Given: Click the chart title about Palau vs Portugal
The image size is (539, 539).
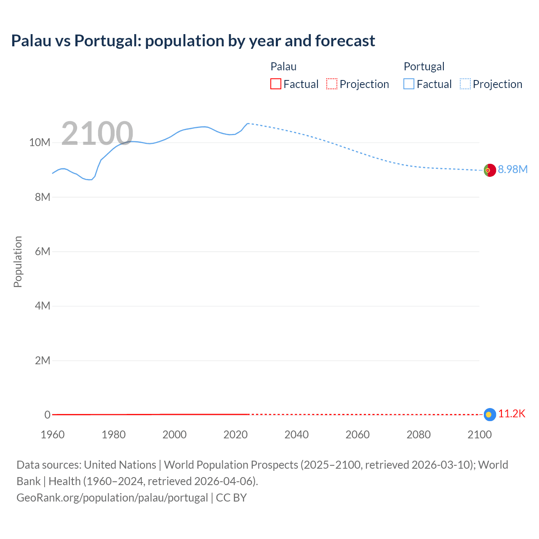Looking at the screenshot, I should click(193, 41).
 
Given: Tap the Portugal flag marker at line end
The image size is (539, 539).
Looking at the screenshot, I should click(489, 170).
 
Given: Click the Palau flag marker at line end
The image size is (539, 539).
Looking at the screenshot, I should click(489, 415).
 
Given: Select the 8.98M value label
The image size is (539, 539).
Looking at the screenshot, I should click(512, 169).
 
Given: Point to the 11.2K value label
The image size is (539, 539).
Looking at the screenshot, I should click(512, 414).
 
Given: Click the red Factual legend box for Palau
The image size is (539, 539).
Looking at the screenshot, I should click(275, 84).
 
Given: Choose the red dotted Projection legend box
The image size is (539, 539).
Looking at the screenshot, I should click(332, 84).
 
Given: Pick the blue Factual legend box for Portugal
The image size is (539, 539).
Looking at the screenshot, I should click(409, 84).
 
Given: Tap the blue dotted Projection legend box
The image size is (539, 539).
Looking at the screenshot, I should click(465, 84).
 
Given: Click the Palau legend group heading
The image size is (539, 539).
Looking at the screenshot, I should click(283, 67).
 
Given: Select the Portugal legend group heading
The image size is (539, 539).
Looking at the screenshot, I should click(424, 67).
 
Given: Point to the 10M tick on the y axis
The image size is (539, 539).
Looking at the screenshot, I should click(40, 143).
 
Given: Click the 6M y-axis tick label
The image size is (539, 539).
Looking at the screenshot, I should click(43, 251).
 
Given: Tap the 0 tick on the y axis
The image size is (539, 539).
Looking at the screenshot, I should click(47, 415).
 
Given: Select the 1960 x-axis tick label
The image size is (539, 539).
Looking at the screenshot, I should click(53, 435).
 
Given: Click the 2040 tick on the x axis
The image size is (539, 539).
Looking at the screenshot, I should click(296, 435).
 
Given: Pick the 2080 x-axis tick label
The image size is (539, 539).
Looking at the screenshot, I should click(419, 435).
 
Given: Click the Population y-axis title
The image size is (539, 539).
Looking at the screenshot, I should click(18, 261).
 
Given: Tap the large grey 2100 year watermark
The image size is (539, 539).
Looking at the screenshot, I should click(97, 133).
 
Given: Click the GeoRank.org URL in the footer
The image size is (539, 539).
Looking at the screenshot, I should click(112, 498).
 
